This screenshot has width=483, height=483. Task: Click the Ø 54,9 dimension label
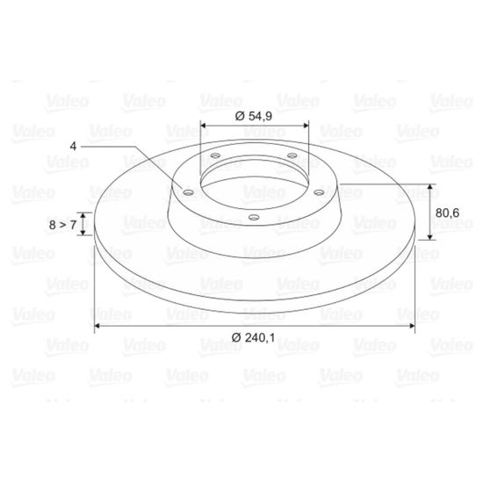pyautogui.click(x=254, y=116)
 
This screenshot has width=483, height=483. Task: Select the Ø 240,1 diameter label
pyautogui.click(x=253, y=338)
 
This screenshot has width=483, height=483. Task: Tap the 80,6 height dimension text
pyautogui.click(x=447, y=213)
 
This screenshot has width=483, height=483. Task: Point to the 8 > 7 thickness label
pyautogui.click(x=62, y=225)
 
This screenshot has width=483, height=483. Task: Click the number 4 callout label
pyautogui.click(x=73, y=146)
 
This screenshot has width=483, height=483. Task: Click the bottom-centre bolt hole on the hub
pyautogui.click(x=254, y=218)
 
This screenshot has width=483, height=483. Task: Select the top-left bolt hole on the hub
pyautogui.click(x=215, y=155)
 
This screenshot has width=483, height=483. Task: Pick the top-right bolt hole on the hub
pyautogui.click(x=292, y=155)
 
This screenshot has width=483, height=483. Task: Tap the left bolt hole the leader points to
pyautogui.click(x=188, y=193)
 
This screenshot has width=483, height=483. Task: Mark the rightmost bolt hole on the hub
pyautogui.click(x=319, y=193)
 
